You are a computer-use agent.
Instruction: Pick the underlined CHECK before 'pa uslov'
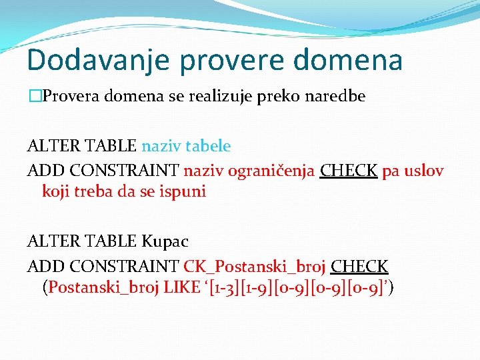point(349,171)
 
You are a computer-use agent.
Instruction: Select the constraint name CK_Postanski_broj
point(255,267)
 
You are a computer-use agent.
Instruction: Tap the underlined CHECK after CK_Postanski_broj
point(359,267)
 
